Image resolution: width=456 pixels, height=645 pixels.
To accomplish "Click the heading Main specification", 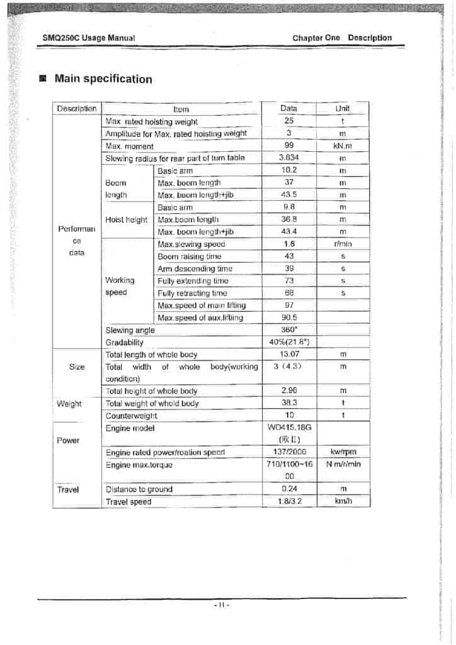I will tap(103, 79).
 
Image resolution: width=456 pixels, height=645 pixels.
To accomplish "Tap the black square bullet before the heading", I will tap(43, 79).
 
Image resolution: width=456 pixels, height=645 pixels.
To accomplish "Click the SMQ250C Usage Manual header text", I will tap(89, 38).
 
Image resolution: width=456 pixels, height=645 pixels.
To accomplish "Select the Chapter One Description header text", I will tap(342, 38).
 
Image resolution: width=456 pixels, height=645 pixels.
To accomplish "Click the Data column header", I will tap(289, 108).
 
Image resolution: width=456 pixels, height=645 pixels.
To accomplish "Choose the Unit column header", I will tap(343, 108).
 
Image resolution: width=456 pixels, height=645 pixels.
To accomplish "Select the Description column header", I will tap(77, 108).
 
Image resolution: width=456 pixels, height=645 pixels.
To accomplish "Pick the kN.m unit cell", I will tap(343, 146).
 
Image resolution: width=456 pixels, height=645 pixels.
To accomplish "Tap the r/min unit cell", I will tap(343, 244).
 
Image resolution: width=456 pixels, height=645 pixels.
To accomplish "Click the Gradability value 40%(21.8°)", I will tap(289, 342).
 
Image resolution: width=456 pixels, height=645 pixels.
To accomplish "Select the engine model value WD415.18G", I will tap(289, 428).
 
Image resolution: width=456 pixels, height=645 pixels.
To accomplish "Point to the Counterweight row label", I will tap(132, 416).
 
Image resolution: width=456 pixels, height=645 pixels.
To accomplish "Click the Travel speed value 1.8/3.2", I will tap(289, 501).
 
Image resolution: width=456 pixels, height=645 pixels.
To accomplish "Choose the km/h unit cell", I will tap(343, 501).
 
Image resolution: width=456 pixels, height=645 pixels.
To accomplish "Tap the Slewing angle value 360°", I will tap(289, 329).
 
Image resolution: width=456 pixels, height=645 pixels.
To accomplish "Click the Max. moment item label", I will tap(130, 146).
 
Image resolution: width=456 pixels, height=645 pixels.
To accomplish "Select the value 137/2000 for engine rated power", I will tap(289, 452).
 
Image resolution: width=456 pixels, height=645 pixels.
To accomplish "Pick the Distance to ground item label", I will tap(139, 489).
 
